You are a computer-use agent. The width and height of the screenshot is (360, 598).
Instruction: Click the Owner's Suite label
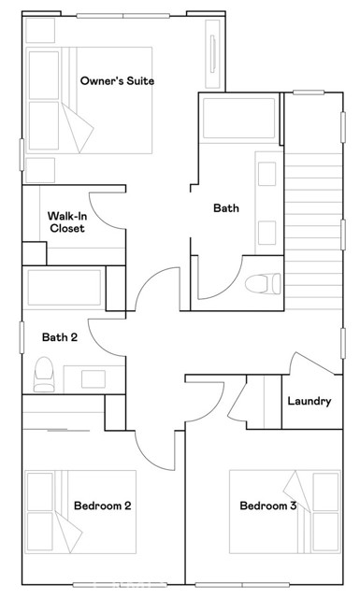117,81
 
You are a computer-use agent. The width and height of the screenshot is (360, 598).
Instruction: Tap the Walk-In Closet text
66,222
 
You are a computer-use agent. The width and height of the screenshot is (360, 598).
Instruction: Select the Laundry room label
309,401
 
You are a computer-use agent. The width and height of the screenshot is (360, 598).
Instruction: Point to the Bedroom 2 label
102,505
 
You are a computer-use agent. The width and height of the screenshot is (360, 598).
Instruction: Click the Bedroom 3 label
268,505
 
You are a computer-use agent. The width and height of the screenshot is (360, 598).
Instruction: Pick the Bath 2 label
60,337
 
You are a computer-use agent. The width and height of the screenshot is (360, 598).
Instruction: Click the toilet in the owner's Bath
259,283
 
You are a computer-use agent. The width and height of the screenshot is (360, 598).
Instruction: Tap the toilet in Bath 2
44,375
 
